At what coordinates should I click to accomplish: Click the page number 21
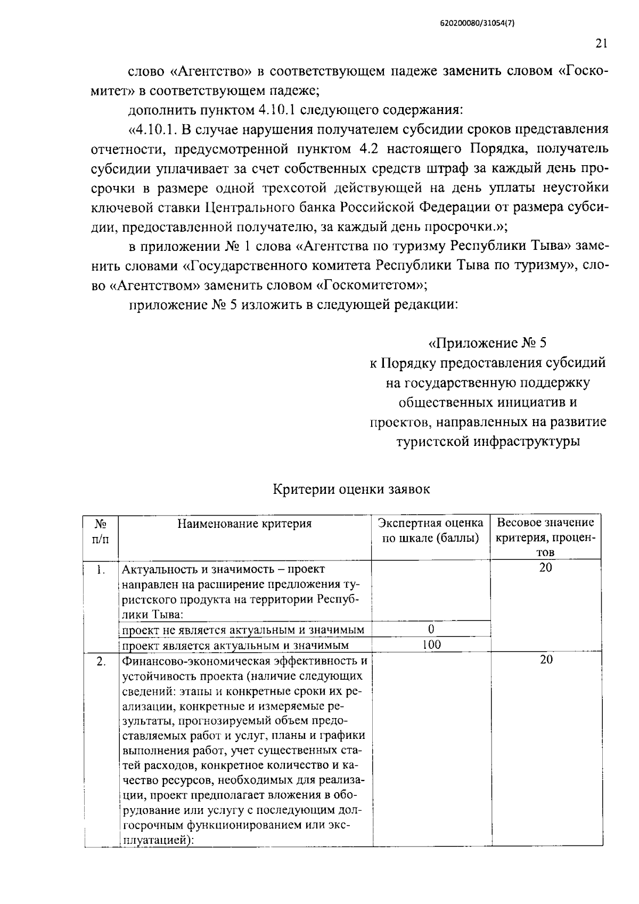[x=601, y=44]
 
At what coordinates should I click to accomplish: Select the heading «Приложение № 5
[x=488, y=343]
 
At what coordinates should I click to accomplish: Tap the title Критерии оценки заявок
[x=351, y=489]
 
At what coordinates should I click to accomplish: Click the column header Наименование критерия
[x=244, y=523]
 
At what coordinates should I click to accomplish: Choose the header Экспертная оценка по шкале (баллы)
[x=431, y=531]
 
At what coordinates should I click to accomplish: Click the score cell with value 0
[x=431, y=629]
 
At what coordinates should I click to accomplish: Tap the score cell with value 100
[x=431, y=645]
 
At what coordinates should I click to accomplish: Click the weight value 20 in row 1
[x=545, y=568]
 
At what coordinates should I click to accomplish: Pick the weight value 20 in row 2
[x=546, y=660]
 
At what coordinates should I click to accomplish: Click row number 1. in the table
[x=100, y=569]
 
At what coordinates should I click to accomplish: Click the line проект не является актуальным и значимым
[x=243, y=630]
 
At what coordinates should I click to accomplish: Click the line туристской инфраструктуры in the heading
[x=488, y=442]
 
